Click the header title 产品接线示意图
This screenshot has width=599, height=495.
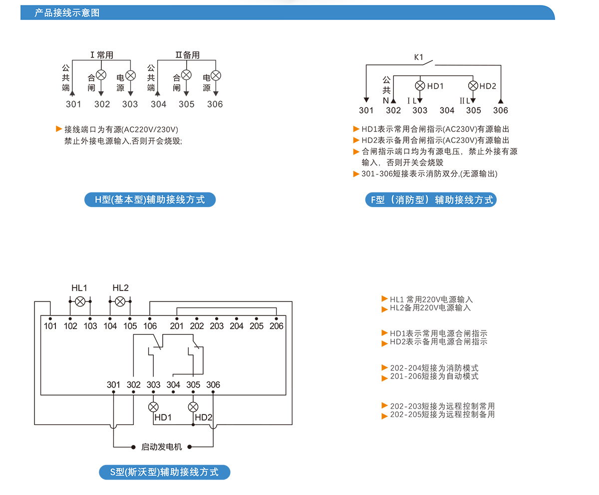(x=67, y=13)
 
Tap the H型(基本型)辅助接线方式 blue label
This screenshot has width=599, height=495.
(x=150, y=200)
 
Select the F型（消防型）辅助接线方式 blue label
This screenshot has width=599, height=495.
(x=431, y=200)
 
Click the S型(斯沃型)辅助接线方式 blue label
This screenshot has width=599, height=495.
(x=164, y=472)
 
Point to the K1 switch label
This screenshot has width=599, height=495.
(x=419, y=57)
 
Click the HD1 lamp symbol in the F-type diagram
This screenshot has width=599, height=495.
(x=420, y=86)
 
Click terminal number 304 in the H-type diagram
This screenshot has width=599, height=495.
(x=158, y=104)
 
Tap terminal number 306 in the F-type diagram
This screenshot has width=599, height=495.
(x=500, y=110)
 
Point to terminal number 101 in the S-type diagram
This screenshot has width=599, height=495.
(x=50, y=326)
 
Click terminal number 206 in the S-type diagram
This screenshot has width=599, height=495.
(x=276, y=326)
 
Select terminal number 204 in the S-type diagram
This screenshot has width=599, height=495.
(x=237, y=326)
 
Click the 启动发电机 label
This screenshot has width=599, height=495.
(x=162, y=447)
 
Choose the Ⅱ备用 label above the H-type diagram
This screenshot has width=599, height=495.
(x=187, y=55)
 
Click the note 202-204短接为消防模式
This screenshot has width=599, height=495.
(x=434, y=368)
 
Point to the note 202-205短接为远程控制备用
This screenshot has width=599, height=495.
(x=442, y=414)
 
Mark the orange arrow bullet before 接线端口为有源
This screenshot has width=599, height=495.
(x=59, y=129)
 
